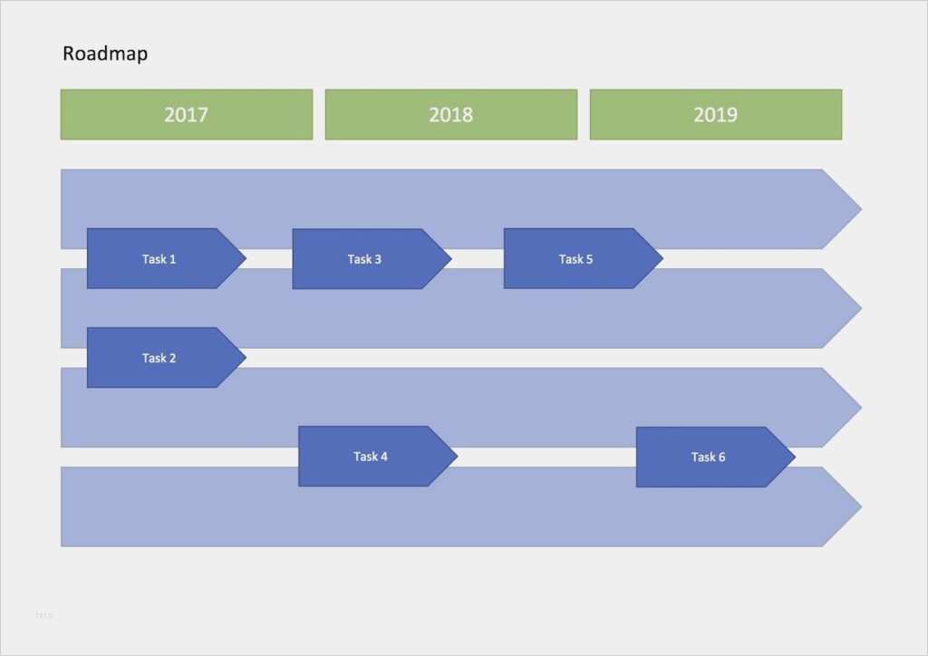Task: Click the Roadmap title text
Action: pyautogui.click(x=105, y=53)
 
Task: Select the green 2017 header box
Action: pyautogui.click(x=187, y=115)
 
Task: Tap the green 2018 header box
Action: pyautogui.click(x=451, y=115)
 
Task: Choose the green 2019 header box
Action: pyautogui.click(x=716, y=115)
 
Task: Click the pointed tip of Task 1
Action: pyautogui.click(x=245, y=258)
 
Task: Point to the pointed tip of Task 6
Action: pyautogui.click(x=795, y=457)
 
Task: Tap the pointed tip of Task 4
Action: pyautogui.click(x=457, y=456)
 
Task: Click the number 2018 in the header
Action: pyautogui.click(x=451, y=115)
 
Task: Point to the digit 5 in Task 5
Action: pyautogui.click(x=589, y=259)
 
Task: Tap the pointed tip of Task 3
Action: pyautogui.click(x=451, y=258)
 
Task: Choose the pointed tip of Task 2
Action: pyautogui.click(x=245, y=357)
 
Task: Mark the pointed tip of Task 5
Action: pyautogui.click(x=662, y=258)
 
